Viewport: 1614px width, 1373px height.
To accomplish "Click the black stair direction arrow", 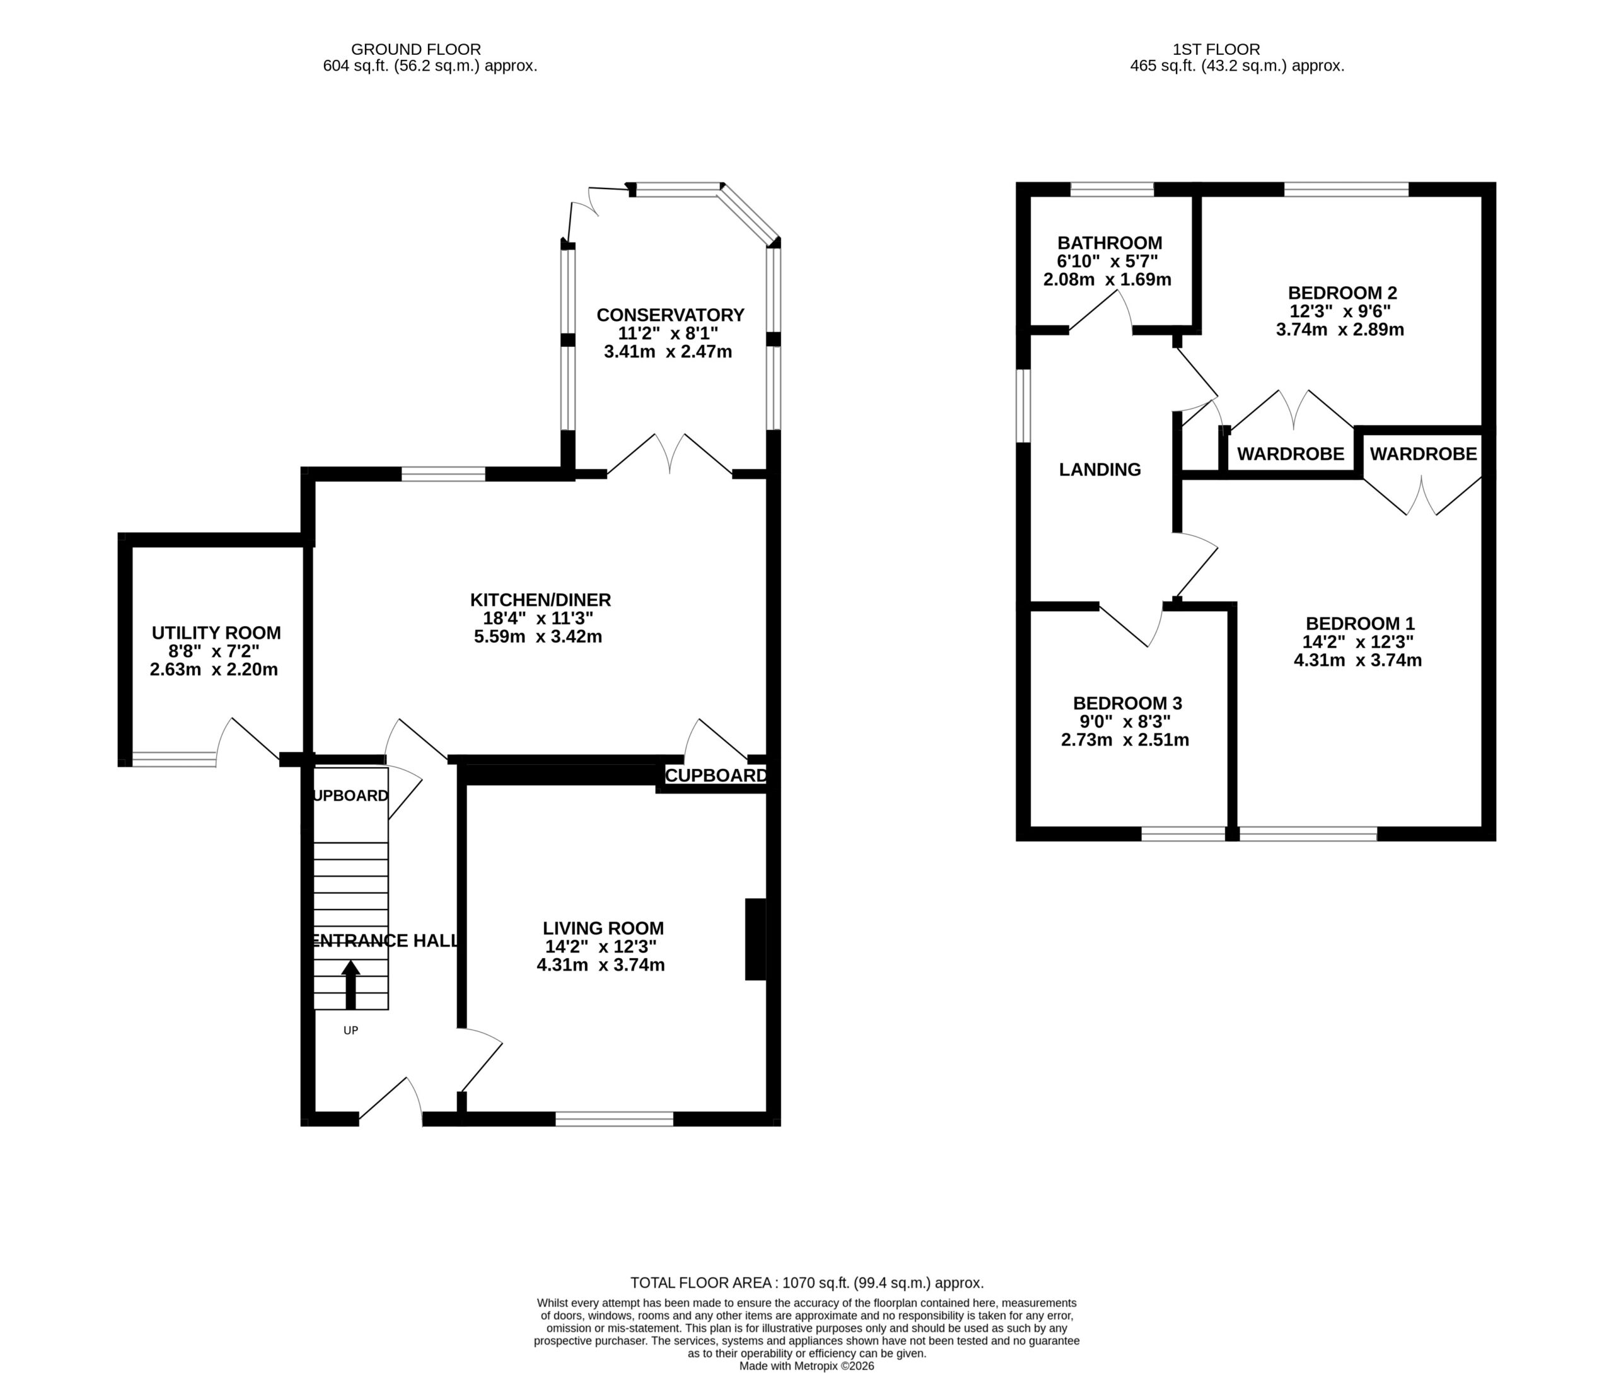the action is click(x=351, y=984).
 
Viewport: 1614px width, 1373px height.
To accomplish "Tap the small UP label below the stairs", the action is click(x=351, y=1031).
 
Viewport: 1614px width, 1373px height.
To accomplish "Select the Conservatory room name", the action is click(x=670, y=315).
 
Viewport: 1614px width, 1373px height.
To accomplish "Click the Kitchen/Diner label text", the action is click(x=540, y=600).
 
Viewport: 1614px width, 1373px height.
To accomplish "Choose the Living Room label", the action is click(x=603, y=928).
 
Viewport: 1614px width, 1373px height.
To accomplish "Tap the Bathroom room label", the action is click(x=1110, y=243).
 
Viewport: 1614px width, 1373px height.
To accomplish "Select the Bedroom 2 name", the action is click(x=1342, y=293).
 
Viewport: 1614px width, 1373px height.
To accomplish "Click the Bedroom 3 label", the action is click(x=1127, y=704).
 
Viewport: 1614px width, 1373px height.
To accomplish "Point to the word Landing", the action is click(x=1100, y=469).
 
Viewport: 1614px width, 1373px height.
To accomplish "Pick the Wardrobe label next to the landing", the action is click(x=1291, y=453).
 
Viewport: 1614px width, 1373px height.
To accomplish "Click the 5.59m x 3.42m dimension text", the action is click(x=538, y=637).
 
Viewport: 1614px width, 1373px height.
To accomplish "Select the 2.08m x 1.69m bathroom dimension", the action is click(x=1107, y=279).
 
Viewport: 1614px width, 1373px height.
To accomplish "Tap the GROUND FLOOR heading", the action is click(x=415, y=50).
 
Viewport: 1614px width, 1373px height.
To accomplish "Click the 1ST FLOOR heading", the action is click(x=1216, y=50).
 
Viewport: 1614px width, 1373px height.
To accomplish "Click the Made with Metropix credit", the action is click(x=807, y=1366).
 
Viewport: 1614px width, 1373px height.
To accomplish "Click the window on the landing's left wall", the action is click(x=1023, y=406).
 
